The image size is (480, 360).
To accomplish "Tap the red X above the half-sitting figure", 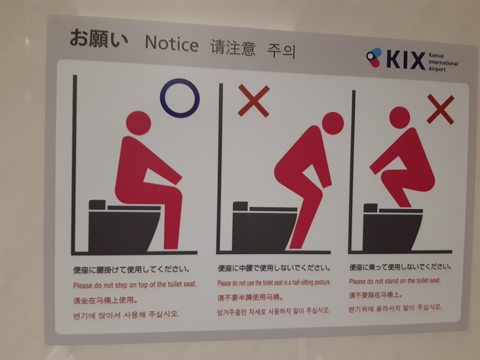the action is coord(254,101).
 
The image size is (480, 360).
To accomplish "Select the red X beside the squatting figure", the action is coord(441,109).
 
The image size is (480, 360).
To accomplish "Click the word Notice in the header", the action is coord(172,44).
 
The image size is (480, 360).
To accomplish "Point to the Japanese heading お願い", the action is coord(98,38).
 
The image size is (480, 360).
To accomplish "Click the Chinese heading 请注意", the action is coord(233,48).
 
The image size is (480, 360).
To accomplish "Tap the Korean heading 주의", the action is coord(281,51).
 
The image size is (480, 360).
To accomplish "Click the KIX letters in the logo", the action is coord(405,60).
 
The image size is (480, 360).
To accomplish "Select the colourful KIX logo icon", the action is coord(374,57).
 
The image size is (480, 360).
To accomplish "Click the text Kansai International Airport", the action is coord(443,62).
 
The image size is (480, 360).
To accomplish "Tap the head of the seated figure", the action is coord(138,123).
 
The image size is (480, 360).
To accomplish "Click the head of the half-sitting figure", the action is coord(332,123).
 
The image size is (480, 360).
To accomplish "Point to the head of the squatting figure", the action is coord(399,118).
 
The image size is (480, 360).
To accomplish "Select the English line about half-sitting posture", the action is coord(274,283).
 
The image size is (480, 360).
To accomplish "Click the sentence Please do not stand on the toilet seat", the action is coord(395,281).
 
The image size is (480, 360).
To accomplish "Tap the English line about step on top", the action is coord(135,285).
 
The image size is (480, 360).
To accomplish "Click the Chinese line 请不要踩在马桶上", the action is coord(375,295).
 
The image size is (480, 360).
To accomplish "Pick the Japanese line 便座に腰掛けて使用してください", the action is coord(132,270).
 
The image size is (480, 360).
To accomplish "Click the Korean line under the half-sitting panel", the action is coord(273,311).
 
